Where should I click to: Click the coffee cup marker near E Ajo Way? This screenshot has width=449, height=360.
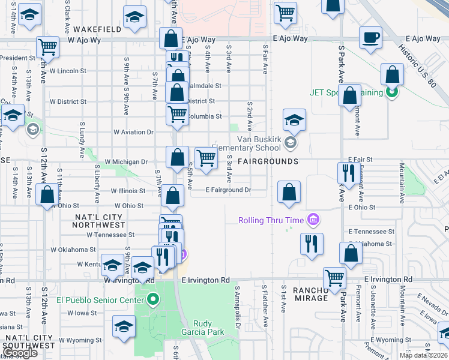[370, 38]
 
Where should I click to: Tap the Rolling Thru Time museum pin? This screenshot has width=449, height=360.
[312, 220]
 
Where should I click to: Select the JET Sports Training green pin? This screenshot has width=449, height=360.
[392, 93]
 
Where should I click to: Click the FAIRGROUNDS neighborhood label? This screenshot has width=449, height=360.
[268, 161]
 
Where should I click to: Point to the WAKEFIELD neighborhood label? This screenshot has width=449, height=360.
[98, 29]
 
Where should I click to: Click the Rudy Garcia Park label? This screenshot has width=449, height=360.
[202, 328]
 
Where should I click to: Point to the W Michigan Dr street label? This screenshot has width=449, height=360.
[126, 161]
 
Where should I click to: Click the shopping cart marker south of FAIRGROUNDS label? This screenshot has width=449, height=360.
[205, 159]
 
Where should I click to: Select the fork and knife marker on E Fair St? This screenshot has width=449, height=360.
[349, 173]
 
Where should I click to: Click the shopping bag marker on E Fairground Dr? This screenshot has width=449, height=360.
[289, 193]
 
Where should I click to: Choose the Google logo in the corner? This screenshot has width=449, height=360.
[20, 353]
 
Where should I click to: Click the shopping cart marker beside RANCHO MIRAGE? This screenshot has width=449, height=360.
[334, 278]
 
